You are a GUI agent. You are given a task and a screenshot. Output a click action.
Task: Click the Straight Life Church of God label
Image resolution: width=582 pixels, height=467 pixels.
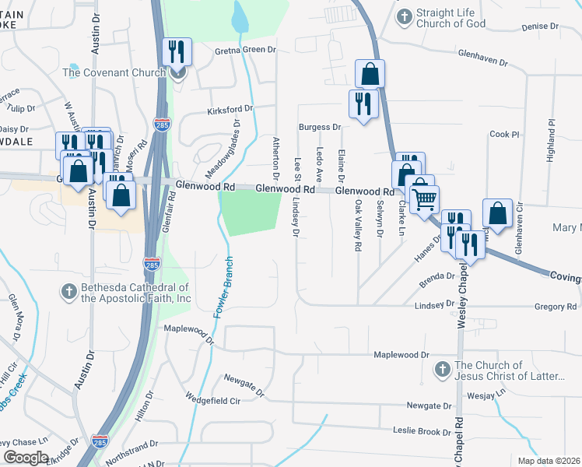click(x=451, y=18)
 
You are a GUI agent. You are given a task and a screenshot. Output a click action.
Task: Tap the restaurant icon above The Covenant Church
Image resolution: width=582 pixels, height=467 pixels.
click(x=177, y=53)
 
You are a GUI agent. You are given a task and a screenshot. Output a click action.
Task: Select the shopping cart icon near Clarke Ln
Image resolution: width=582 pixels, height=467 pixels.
click(x=424, y=199)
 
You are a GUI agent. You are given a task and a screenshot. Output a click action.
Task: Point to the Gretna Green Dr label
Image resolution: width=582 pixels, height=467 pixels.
click(x=246, y=50)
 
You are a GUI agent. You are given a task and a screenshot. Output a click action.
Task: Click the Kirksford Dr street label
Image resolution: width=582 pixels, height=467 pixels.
click(x=230, y=111)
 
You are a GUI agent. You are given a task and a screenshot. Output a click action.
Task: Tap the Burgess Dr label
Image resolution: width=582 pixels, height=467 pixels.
click(x=321, y=127)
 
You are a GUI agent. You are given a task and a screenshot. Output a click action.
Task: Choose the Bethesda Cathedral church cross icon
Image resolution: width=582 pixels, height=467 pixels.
click(x=68, y=292)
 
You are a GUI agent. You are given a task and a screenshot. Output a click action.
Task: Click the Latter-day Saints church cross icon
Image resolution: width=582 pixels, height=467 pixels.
click(x=442, y=369)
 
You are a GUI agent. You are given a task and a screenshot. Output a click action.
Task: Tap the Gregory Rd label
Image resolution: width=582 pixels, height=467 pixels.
click(x=556, y=307)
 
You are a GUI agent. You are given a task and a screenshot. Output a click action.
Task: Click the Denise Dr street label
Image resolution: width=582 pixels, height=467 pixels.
click(x=535, y=26)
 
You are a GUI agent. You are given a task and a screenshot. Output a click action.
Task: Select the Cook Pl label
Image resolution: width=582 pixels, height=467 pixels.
click(x=504, y=134)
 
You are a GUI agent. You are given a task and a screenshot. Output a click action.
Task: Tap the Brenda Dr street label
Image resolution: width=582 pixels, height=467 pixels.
click(x=436, y=276)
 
